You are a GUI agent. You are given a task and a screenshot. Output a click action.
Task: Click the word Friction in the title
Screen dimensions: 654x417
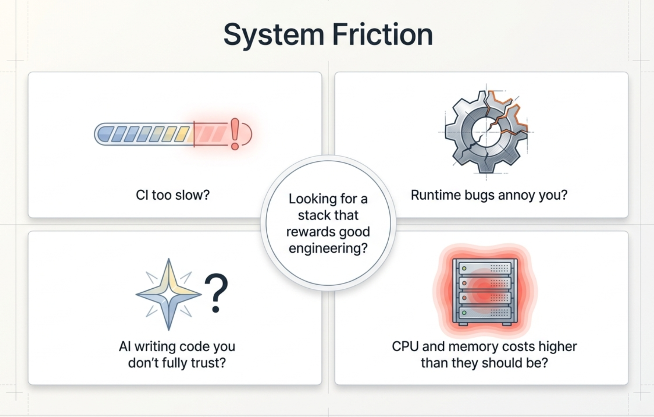382,34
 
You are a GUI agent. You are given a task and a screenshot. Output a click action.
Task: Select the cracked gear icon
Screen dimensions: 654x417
487,132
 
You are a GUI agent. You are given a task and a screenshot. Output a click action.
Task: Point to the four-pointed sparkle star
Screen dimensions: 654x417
168,294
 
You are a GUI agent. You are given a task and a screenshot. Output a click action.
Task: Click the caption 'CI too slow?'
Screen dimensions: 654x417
173,195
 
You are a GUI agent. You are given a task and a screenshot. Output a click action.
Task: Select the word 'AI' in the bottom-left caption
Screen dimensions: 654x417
125,346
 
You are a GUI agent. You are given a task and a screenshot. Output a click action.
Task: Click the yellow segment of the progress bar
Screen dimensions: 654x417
182,134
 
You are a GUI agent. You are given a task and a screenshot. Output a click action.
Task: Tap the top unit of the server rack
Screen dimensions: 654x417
485,268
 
